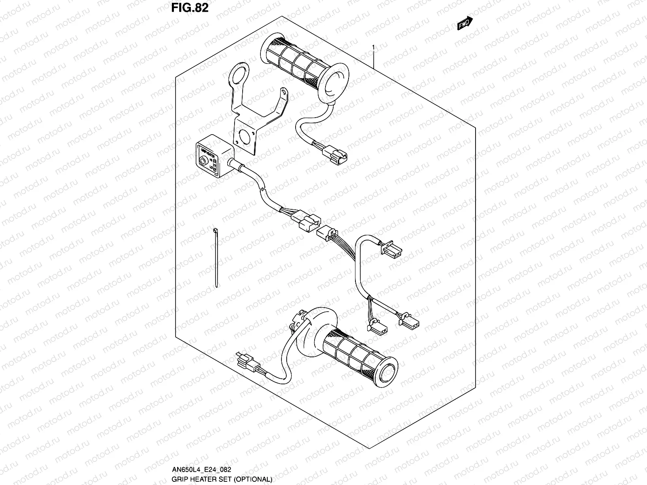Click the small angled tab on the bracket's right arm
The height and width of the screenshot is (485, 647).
tap(285, 94)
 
